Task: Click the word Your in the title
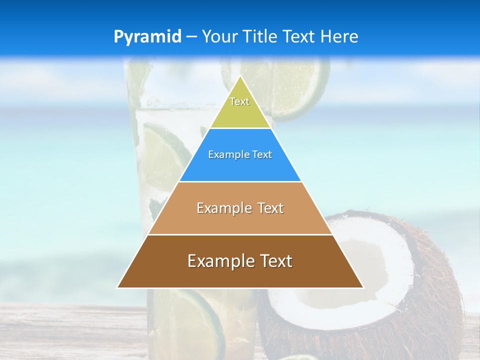tap(219, 37)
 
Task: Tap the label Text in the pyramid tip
tap(239, 101)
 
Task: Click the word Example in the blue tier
tap(224, 155)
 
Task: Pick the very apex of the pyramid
tap(240, 76)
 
